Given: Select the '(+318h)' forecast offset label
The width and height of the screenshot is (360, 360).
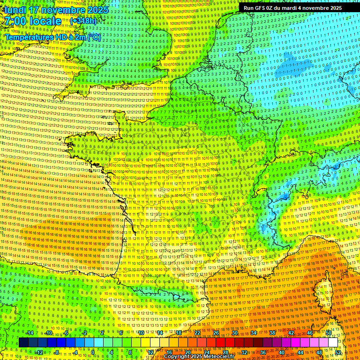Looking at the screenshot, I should (83, 21).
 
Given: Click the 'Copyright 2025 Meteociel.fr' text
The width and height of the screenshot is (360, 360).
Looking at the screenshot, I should (199, 356).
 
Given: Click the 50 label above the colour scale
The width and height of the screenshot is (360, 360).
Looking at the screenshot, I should (328, 333).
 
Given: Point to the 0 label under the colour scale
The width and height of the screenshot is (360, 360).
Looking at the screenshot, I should (93, 352).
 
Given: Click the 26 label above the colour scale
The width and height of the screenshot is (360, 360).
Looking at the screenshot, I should (216, 333).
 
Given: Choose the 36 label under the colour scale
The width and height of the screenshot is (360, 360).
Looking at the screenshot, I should (263, 352).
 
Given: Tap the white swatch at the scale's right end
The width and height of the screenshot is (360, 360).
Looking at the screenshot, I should (333, 343).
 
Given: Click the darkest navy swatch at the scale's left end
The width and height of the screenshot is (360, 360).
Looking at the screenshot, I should (23, 343).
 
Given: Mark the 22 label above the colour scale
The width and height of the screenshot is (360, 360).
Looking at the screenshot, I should (197, 333).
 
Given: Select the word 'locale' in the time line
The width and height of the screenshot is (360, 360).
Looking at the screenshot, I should (45, 21).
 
